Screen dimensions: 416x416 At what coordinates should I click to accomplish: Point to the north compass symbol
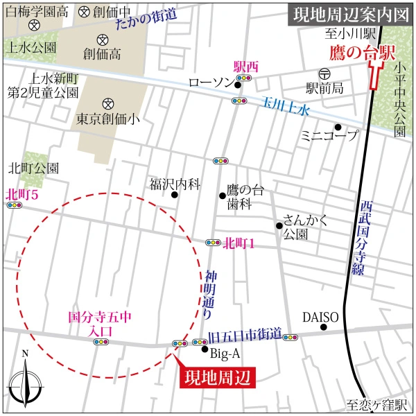(x=25, y=381)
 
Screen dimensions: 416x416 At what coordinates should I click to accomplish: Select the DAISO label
(x=320, y=318)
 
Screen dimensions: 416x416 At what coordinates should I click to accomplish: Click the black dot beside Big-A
(x=205, y=349)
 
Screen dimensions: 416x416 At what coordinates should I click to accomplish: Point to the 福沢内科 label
(x=175, y=184)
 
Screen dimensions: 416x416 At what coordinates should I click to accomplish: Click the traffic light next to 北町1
(x=213, y=243)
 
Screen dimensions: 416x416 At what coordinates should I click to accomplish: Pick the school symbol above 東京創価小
(x=107, y=102)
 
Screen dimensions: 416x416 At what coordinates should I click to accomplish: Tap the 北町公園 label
(x=33, y=168)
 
